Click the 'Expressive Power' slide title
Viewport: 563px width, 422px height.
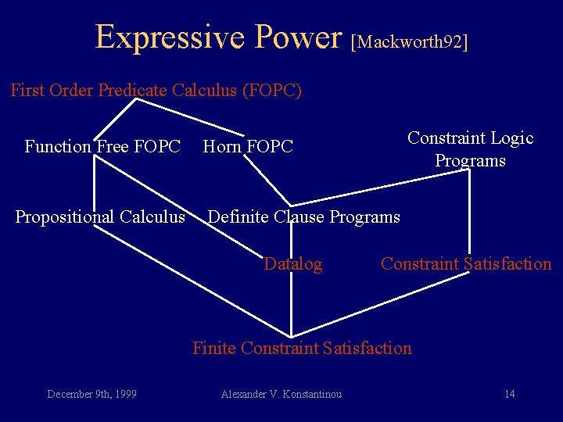tap(219, 37)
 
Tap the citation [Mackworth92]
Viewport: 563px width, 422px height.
tap(411, 41)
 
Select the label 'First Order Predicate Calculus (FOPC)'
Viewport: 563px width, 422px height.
tap(156, 91)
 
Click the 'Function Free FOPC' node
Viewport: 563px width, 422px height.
tap(102, 146)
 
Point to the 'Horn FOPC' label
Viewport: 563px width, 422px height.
tap(248, 146)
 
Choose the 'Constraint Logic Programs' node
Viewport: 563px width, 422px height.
tap(470, 149)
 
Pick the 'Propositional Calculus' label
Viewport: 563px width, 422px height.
tap(100, 216)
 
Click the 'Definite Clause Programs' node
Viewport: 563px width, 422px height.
tap(303, 216)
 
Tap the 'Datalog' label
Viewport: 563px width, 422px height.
tap(292, 264)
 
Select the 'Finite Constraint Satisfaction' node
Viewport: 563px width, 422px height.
tap(302, 348)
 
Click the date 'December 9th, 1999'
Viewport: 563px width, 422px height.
tap(91, 394)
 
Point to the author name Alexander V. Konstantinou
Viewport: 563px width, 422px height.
tap(281, 394)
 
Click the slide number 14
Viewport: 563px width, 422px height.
tap(509, 394)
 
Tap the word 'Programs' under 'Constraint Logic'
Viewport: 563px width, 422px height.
tap(470, 161)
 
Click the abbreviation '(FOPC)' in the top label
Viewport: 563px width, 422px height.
tap(272, 91)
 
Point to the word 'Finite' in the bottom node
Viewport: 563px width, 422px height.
tap(214, 348)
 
